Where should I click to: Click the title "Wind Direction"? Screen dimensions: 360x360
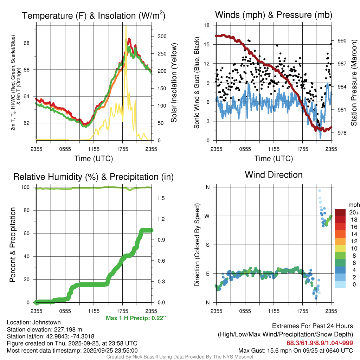point(274,175)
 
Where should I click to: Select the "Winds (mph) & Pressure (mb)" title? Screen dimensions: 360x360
point(274,15)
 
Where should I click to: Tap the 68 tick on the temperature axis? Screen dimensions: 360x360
point(31,43)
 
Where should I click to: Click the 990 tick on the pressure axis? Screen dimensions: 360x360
point(342,41)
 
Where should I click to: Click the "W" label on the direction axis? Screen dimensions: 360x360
point(207,216)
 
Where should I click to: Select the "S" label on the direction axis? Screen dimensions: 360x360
point(207,245)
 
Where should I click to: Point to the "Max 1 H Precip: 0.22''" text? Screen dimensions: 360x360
point(135,318)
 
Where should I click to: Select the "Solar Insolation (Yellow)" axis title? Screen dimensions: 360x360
point(174,83)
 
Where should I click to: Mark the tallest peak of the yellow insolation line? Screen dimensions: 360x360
point(126,26)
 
